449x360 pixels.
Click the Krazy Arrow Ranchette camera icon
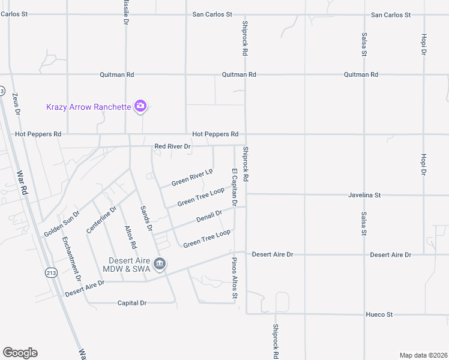(140, 107)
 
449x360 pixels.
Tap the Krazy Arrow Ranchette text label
(89, 107)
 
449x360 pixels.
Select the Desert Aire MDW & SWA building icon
(160, 264)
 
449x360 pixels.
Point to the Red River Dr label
(172, 146)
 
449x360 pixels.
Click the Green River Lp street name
(192, 178)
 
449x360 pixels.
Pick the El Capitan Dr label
(235, 188)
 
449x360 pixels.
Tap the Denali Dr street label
(209, 216)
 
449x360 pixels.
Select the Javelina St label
(364, 195)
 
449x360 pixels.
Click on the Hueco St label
(379, 314)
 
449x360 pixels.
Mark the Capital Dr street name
(132, 303)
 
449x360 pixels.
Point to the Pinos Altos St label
(235, 278)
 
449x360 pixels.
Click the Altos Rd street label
(130, 238)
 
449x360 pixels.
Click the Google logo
(20, 353)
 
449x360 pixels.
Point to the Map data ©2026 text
(423, 355)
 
